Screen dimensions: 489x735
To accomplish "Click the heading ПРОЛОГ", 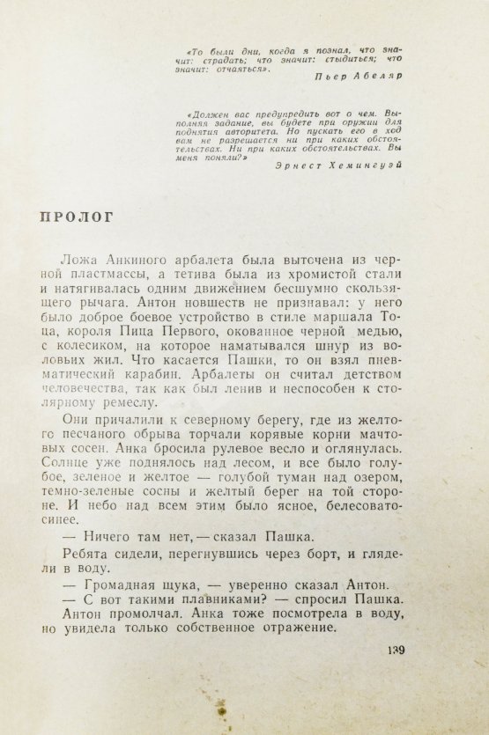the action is coord(78,219).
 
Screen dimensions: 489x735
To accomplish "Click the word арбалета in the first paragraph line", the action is coord(182,261).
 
